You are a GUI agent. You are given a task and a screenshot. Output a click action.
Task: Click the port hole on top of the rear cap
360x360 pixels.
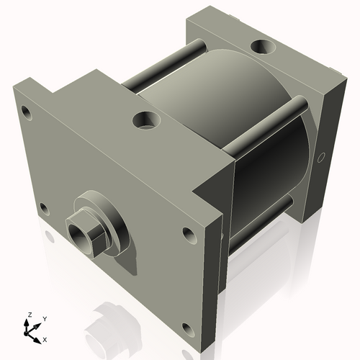coord(261,48)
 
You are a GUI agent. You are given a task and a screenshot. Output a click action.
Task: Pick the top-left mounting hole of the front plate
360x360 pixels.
coord(27,112)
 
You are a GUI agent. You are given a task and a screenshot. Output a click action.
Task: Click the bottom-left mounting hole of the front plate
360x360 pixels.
coord(44,210)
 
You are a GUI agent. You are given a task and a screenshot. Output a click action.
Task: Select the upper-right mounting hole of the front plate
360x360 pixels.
coord(189,234)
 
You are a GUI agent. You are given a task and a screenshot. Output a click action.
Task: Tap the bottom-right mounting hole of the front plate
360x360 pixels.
coord(187,330)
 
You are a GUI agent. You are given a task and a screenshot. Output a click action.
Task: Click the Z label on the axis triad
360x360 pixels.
coord(29,315)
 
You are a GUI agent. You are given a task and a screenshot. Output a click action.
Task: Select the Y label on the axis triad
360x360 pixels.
coord(45,318)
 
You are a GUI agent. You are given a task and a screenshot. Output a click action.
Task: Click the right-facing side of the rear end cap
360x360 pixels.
coord(324,144)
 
